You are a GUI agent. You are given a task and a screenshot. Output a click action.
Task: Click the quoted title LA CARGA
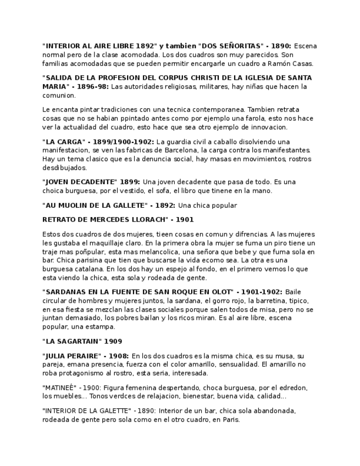pyautogui.click(x=60, y=142)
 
